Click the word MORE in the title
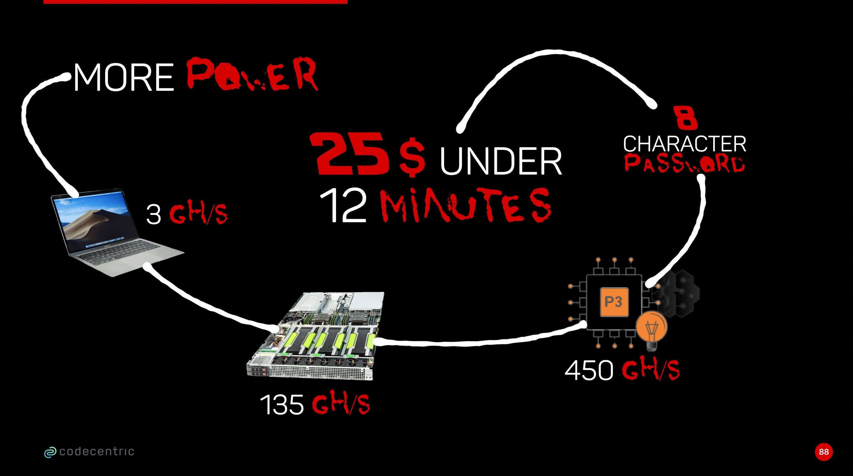point(124,78)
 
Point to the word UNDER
point(500,161)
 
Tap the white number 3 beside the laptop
point(153,215)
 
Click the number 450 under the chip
point(589,370)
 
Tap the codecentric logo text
point(97,451)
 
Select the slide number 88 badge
point(824,452)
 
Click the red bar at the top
point(196,2)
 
